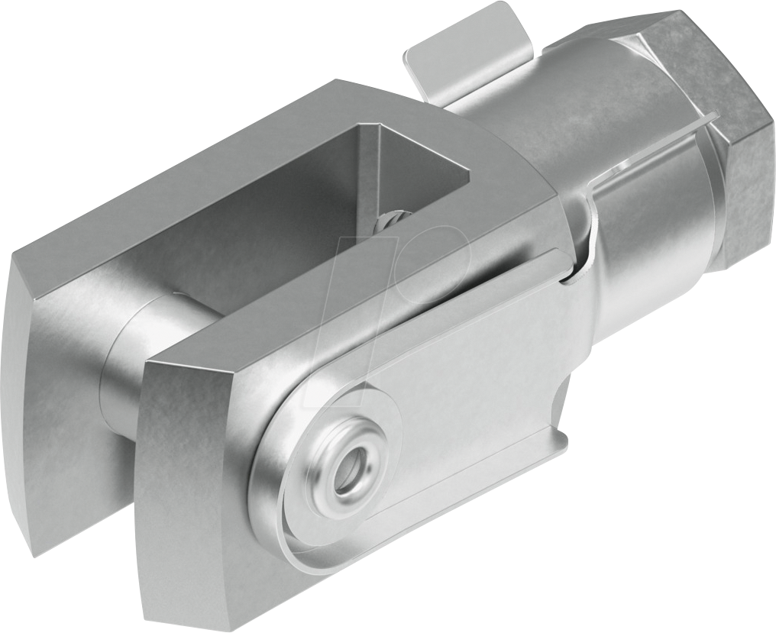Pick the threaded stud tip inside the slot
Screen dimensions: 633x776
[x=390, y=222]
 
